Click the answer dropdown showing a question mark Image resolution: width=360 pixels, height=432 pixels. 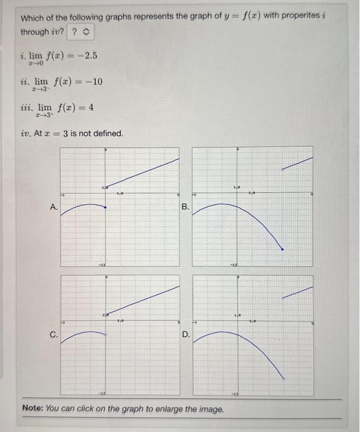coord(80,31)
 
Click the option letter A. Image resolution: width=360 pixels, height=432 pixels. coord(54,208)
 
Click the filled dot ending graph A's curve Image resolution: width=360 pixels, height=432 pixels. coord(105,208)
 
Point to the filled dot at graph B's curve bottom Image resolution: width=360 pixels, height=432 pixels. coord(283,249)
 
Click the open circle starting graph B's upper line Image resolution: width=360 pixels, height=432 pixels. coord(283,168)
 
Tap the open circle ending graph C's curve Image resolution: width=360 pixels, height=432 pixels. coord(106,334)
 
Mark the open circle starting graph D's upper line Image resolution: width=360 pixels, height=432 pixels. coord(283,297)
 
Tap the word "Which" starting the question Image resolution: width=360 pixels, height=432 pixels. coord(32,16)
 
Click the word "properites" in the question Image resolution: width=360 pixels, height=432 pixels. coord(306,16)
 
